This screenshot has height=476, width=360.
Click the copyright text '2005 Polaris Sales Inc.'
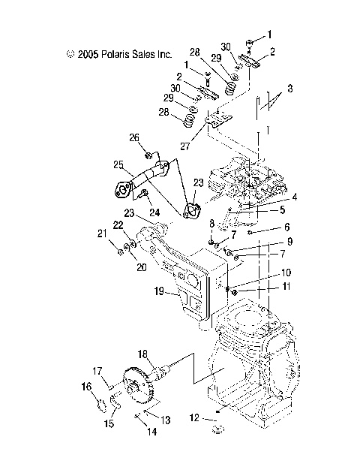pyautogui.click(x=119, y=54)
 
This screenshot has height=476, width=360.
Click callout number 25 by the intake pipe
pyautogui.click(x=118, y=164)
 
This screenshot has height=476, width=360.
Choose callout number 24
pyautogui.click(x=154, y=213)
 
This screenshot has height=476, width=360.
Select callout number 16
pyautogui.click(x=86, y=387)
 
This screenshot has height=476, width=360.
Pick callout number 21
pyautogui.click(x=102, y=233)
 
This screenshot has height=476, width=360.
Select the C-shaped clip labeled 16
pyautogui.click(x=97, y=407)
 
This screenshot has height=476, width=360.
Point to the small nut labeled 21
pyautogui.click(x=119, y=251)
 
